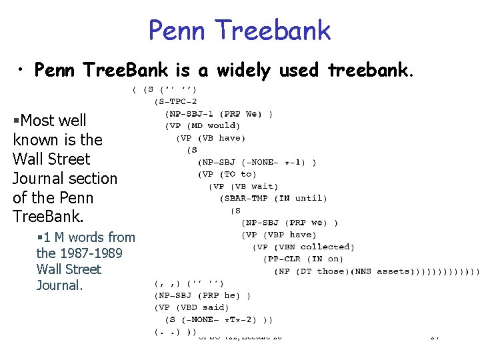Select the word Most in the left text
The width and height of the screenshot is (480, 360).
38,121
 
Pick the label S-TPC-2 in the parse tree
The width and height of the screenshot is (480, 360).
178,101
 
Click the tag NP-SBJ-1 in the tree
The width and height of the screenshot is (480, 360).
195,113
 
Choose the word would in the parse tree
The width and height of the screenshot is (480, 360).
223,125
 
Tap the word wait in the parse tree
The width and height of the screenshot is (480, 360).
265,186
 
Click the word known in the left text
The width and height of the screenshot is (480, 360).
35,140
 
